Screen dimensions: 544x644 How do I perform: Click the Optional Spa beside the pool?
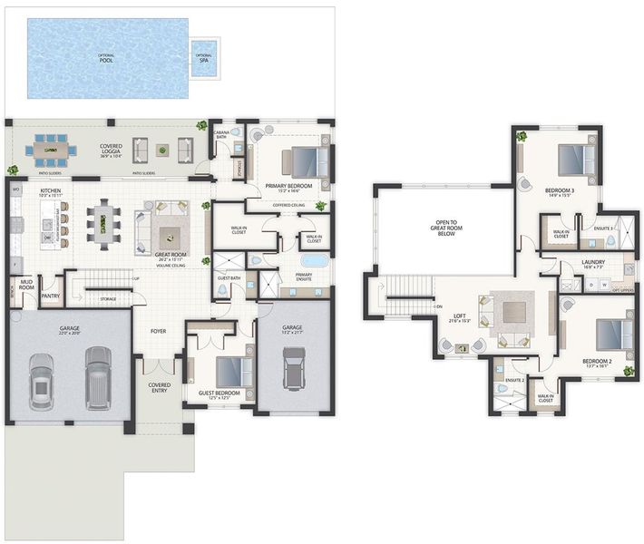tap(205, 57)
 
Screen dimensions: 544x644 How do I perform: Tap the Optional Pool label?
tap(106, 58)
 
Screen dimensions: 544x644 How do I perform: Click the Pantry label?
tap(50, 295)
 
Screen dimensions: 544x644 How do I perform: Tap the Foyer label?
tap(159, 331)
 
